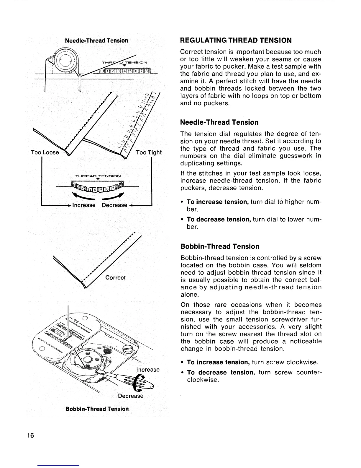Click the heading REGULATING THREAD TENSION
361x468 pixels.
[x=236, y=40]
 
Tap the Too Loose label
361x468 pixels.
[x=45, y=152]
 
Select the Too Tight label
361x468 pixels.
[x=149, y=152]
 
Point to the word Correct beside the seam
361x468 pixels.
[x=115, y=278]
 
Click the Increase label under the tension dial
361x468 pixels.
[x=84, y=205]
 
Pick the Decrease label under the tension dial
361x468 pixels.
[x=114, y=205]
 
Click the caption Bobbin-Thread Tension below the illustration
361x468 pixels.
[x=97, y=409]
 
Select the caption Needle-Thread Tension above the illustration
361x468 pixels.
[x=96, y=40]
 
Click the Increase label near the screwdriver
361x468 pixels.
[x=148, y=370]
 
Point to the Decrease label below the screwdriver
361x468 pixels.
[x=130, y=396]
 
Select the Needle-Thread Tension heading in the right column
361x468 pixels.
[x=219, y=122]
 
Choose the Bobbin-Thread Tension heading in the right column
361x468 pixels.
[x=220, y=246]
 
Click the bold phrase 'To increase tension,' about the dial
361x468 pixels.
[x=218, y=202]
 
